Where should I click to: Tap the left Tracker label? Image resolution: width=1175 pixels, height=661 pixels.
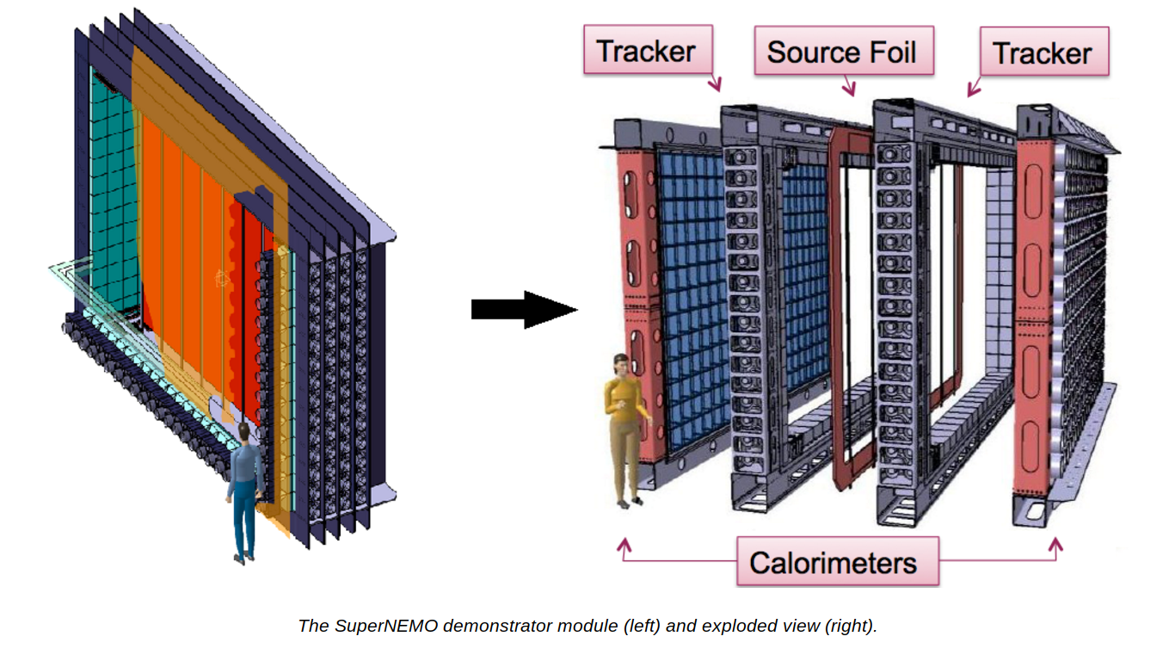(x=646, y=50)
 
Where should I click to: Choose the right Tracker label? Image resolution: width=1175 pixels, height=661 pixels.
(x=1042, y=53)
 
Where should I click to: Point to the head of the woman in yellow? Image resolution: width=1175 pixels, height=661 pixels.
(x=620, y=366)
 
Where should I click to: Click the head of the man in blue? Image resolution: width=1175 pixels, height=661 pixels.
(x=246, y=431)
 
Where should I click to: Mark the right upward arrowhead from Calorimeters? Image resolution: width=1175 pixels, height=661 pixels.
(x=1056, y=544)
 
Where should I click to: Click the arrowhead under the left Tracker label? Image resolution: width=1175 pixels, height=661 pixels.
(x=716, y=85)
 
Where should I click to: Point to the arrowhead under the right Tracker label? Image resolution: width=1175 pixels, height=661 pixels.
(x=973, y=90)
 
